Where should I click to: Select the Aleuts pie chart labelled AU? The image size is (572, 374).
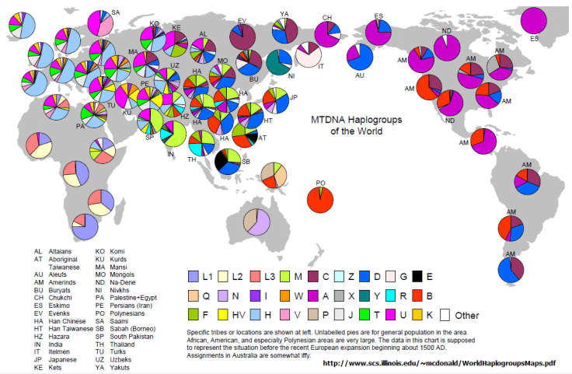tap(361, 58)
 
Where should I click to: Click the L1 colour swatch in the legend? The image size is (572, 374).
tap(194, 276)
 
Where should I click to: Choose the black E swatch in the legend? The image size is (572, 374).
tap(417, 276)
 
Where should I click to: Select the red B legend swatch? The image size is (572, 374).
tap(417, 295)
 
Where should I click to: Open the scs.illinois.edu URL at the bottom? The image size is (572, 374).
tap(438, 362)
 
